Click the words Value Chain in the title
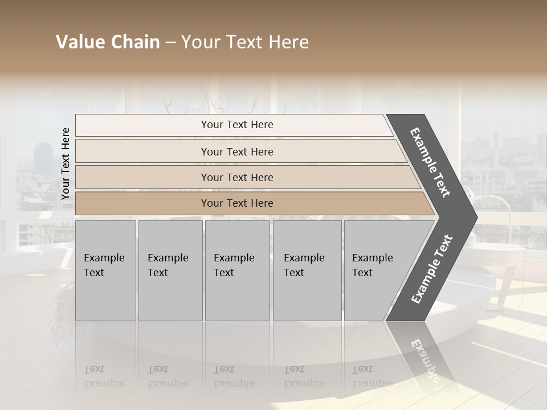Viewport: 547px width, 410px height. point(108,42)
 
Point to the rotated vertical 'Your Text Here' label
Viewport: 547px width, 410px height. point(66,164)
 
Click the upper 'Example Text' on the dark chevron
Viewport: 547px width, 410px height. point(430,163)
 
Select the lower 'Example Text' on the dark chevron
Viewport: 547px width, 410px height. point(432,269)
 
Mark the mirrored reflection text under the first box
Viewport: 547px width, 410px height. point(104,376)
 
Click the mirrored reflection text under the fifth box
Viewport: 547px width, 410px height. point(372,376)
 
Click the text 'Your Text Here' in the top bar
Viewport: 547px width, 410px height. point(237,125)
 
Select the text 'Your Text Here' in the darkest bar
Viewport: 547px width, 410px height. point(237,203)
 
